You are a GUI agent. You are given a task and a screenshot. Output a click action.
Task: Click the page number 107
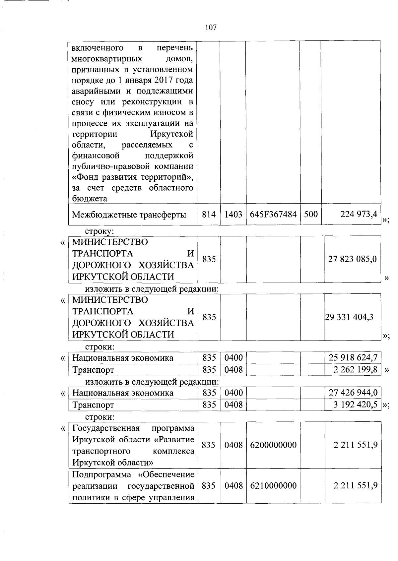click(x=211, y=28)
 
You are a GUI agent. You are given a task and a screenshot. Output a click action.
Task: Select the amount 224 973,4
click(x=359, y=215)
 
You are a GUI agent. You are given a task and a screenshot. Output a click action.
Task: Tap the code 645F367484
click(x=273, y=215)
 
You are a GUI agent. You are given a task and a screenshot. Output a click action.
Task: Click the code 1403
click(x=233, y=215)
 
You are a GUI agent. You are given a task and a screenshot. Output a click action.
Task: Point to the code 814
click(x=209, y=215)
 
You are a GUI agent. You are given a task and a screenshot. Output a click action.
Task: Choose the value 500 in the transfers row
click(x=311, y=215)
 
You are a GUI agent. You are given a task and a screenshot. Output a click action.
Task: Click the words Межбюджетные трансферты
click(x=129, y=215)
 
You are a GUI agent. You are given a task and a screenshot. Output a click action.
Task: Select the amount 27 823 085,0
click(x=352, y=259)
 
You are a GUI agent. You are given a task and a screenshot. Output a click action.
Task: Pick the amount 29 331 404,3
click(x=349, y=317)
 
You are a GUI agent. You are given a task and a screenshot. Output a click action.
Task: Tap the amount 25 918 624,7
click(x=353, y=358)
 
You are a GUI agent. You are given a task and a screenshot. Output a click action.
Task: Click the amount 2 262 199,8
click(x=355, y=369)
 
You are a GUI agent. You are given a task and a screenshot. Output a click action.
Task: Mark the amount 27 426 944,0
click(x=353, y=393)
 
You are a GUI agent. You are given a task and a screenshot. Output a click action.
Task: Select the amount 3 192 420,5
click(x=355, y=405)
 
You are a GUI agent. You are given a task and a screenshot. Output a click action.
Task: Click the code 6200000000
click(x=273, y=445)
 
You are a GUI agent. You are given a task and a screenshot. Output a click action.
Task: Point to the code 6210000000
click(x=273, y=486)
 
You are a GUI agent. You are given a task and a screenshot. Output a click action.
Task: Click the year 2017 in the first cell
click(x=159, y=80)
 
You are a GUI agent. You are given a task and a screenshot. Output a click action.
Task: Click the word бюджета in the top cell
click(x=90, y=199)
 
